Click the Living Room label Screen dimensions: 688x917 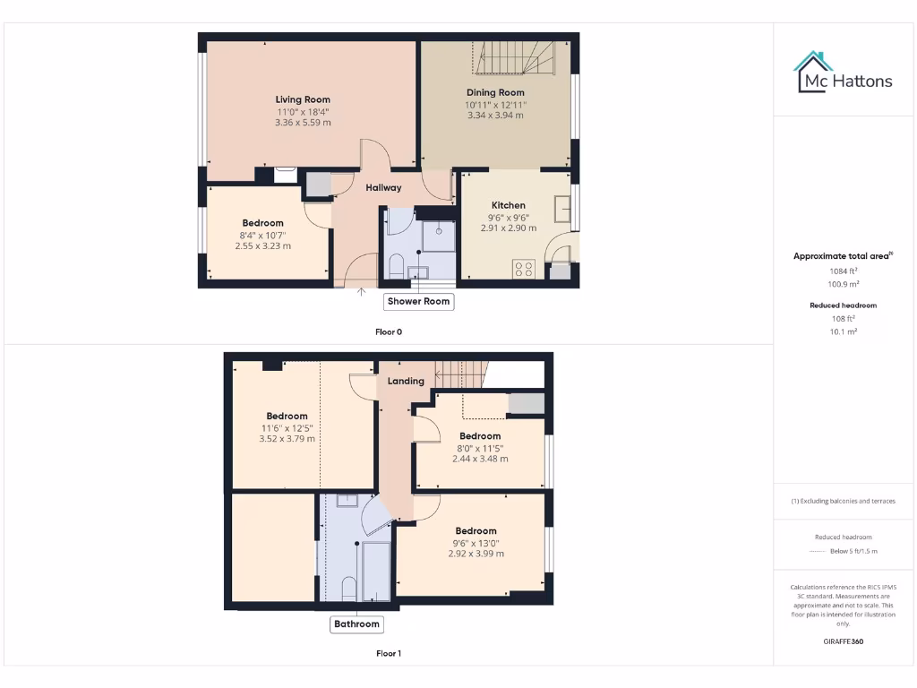303,99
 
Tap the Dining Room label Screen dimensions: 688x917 495,92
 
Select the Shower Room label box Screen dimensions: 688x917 418,302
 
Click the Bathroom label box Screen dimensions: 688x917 356,624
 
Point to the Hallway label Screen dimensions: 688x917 383,187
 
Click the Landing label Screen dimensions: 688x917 406,381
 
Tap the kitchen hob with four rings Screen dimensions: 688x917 524,268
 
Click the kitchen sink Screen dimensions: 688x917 562,209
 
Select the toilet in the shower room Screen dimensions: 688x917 395,265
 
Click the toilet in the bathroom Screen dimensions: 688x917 349,588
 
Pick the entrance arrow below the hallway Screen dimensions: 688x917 362,290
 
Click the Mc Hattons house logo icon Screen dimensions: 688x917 813,71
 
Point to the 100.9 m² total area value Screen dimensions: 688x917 843,283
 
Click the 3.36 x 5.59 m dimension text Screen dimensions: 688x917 303,123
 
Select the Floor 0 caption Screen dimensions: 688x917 389,331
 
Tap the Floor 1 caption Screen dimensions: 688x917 389,654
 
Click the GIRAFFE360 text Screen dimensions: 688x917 843,641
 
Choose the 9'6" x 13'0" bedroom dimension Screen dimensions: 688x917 476,542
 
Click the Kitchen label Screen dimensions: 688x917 509,205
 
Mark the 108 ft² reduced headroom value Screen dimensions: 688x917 843,318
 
